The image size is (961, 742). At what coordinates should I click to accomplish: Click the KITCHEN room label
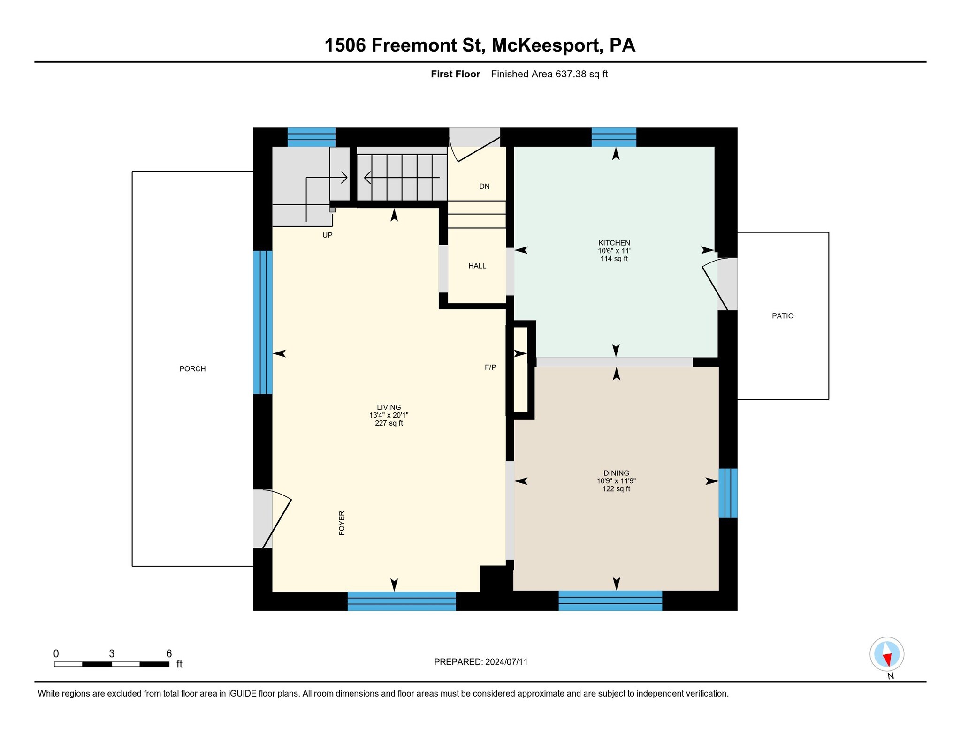614,243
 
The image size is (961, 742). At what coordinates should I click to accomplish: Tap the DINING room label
616,473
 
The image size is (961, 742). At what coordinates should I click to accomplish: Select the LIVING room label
389,407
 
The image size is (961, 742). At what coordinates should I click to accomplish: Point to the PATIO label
783,316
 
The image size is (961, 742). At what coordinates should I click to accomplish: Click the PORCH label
192,369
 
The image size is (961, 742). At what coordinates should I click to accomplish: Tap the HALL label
477,266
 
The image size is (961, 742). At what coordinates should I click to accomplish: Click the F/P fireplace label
490,367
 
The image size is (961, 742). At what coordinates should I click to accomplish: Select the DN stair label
484,187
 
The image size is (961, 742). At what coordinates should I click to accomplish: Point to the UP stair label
327,235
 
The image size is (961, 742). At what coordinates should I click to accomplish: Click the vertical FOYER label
342,523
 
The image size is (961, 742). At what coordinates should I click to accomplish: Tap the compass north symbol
886,654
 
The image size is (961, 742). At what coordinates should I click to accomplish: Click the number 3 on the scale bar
112,653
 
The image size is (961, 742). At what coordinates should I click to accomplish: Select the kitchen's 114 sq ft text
614,259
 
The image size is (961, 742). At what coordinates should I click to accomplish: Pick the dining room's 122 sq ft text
616,489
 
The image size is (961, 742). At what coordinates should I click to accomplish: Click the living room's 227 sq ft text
389,423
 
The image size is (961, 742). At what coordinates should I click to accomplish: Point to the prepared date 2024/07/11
506,662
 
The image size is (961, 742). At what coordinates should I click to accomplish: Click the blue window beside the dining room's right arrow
728,493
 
